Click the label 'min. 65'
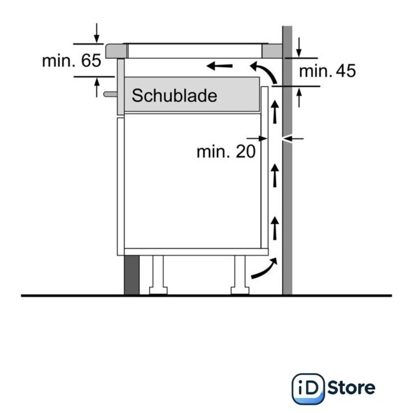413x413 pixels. pyautogui.click(x=72, y=61)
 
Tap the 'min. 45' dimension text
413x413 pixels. pyautogui.click(x=327, y=71)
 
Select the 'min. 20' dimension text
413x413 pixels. pyautogui.click(x=226, y=152)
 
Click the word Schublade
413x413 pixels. pyautogui.click(x=174, y=96)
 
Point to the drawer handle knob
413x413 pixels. pyautogui.click(x=110, y=94)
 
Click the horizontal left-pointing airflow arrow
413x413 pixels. pyautogui.click(x=219, y=66)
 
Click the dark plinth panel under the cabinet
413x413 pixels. pyautogui.click(x=132, y=275)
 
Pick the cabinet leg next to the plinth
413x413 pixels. pyautogui.click(x=158, y=275)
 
